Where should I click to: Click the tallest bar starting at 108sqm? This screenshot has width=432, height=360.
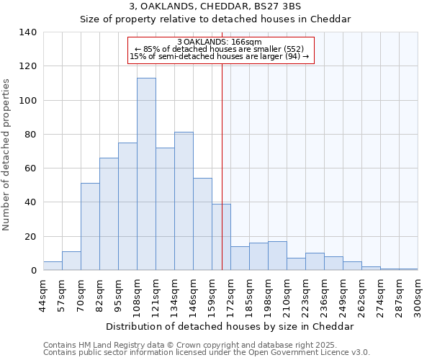(x=146, y=174)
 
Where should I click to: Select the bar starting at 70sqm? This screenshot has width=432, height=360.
(x=90, y=227)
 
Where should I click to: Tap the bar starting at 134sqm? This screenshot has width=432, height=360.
(x=184, y=201)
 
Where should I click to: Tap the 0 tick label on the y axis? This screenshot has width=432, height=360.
(x=33, y=271)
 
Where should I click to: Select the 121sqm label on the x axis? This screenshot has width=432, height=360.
(x=156, y=294)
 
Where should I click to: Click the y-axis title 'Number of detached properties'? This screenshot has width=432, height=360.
(x=7, y=154)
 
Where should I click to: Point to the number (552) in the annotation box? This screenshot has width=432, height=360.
(x=297, y=49)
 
